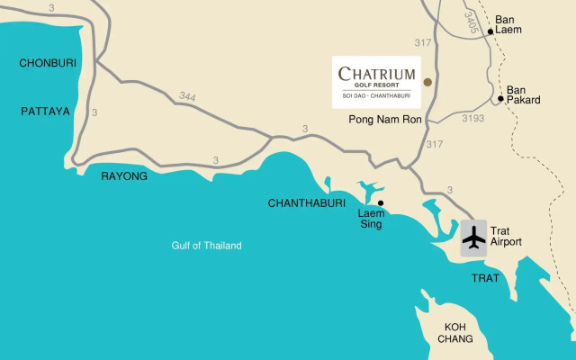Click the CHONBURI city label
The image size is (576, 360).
click(x=48, y=63)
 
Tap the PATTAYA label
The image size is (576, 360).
click(x=45, y=111)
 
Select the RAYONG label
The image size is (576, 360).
click(x=123, y=176)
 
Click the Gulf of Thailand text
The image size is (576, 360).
click(x=207, y=246)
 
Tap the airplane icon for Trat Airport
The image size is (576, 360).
click(x=473, y=238)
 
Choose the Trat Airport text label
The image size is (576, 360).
click(x=506, y=236)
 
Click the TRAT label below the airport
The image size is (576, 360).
click(x=485, y=278)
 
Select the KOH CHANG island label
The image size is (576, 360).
click(x=456, y=333)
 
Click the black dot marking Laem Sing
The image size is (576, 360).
click(x=381, y=202)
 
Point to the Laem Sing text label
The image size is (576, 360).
click(x=372, y=219)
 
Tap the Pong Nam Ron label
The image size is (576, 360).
click(x=382, y=119)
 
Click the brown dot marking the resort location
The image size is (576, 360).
click(x=427, y=82)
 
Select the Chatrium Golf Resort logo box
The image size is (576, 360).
click(x=377, y=82)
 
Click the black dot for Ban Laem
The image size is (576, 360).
click(x=490, y=31)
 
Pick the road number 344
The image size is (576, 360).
click(x=187, y=95)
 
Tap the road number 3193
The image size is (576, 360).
click(x=473, y=118)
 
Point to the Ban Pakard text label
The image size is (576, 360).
click(x=523, y=94)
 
